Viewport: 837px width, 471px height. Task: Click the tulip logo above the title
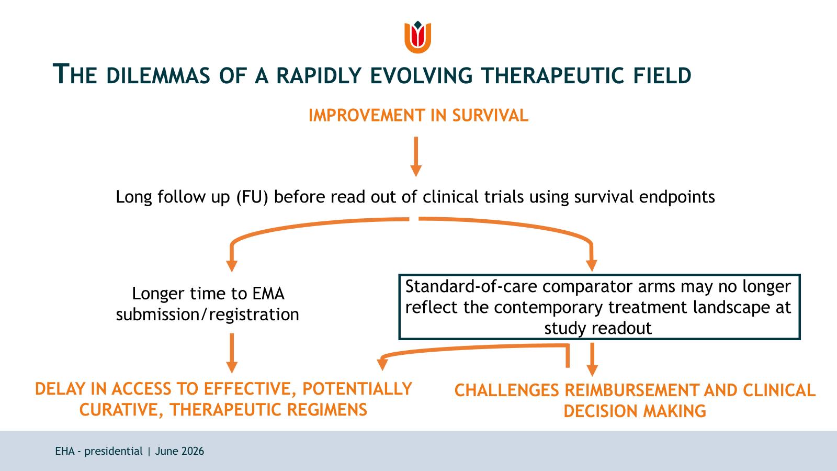pos(418,37)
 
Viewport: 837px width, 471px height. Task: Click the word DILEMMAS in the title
pos(158,75)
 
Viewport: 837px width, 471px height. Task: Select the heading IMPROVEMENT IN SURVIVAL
pos(418,116)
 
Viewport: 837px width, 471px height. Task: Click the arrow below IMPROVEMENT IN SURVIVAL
pos(416,156)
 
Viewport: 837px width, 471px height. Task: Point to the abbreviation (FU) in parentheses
pos(252,197)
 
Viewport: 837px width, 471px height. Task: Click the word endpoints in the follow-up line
pos(677,197)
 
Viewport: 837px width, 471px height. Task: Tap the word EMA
pos(268,294)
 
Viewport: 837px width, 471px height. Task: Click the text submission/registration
pos(207,315)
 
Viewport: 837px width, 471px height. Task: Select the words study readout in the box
pos(598,328)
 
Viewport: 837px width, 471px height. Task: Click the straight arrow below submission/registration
pos(232,353)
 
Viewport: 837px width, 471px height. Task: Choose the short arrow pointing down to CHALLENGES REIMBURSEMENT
pos(592,360)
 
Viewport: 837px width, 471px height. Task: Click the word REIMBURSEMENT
pos(631,390)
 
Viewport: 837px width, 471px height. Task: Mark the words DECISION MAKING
pos(635,411)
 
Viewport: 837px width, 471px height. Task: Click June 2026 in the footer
pos(180,451)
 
